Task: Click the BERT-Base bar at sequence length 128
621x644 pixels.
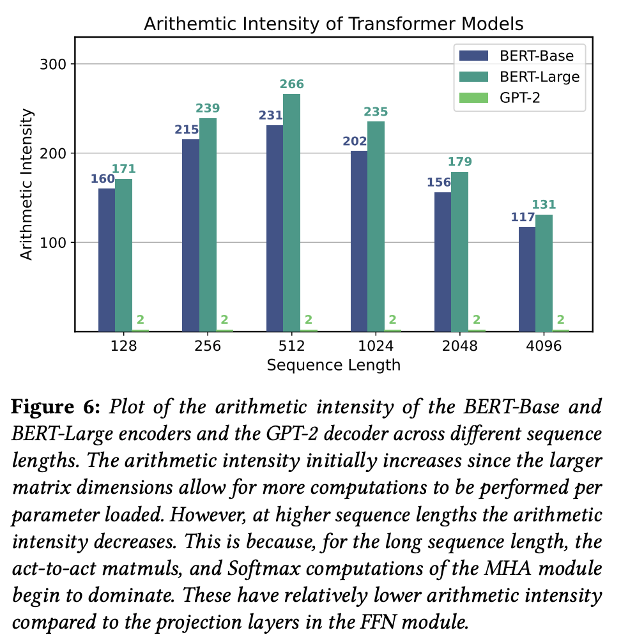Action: click(107, 259)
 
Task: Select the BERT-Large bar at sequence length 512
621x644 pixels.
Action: click(291, 212)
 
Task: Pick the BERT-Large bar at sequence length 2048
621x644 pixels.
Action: click(460, 251)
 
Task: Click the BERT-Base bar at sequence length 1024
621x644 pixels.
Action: click(359, 241)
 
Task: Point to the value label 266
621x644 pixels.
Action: click(291, 84)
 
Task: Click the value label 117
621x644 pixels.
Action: click(521, 217)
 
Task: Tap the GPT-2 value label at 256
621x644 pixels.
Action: click(224, 320)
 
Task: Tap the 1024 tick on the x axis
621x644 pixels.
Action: click(376, 346)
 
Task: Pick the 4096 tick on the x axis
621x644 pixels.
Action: click(544, 346)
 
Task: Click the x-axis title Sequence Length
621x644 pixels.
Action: click(333, 365)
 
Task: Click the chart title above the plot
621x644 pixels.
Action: click(333, 24)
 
